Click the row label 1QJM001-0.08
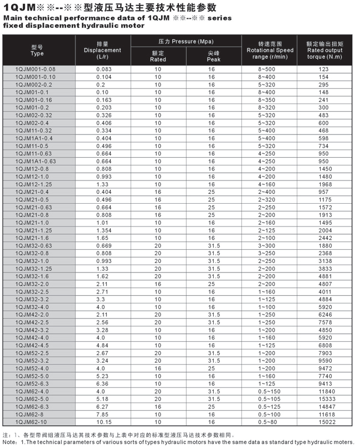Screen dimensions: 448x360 pyautogui.click(x=36, y=69)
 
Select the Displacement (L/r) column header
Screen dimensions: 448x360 pyautogui.click(x=102, y=50)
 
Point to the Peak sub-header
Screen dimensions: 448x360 pyautogui.click(x=213, y=56)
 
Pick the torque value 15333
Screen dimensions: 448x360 pyautogui.click(x=324, y=399)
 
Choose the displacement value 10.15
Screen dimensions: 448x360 pyautogui.click(x=103, y=421)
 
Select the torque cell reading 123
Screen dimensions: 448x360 pyautogui.click(x=324, y=69)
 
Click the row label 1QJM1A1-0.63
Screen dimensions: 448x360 pyautogui.click(x=36, y=161)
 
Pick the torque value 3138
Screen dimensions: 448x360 pyautogui.click(x=324, y=260)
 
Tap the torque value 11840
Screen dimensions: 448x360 pyautogui.click(x=324, y=391)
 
